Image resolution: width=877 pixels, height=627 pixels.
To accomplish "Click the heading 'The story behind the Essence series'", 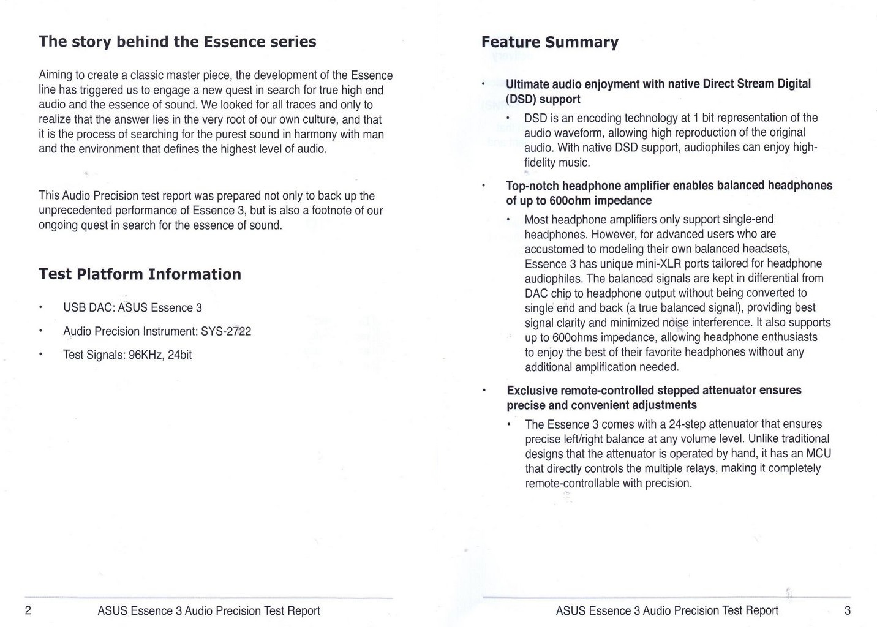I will tap(178, 42).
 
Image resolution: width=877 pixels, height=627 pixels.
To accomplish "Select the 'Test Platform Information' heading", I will tap(140, 274).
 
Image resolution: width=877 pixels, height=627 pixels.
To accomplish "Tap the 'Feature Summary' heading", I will tap(549, 42).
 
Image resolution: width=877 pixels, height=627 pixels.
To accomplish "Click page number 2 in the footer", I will tap(28, 610).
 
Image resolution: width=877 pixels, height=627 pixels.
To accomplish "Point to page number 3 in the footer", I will tap(848, 610).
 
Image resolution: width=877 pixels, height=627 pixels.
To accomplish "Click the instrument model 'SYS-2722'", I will tap(226, 331).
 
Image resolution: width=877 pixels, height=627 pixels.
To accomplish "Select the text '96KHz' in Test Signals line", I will tap(145, 355).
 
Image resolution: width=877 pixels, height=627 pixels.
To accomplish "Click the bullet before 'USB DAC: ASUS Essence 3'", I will tap(40, 308).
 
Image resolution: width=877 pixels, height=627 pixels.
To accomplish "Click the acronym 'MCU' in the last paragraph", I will tap(819, 454).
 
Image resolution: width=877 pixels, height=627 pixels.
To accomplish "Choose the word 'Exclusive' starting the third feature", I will tap(532, 391).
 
